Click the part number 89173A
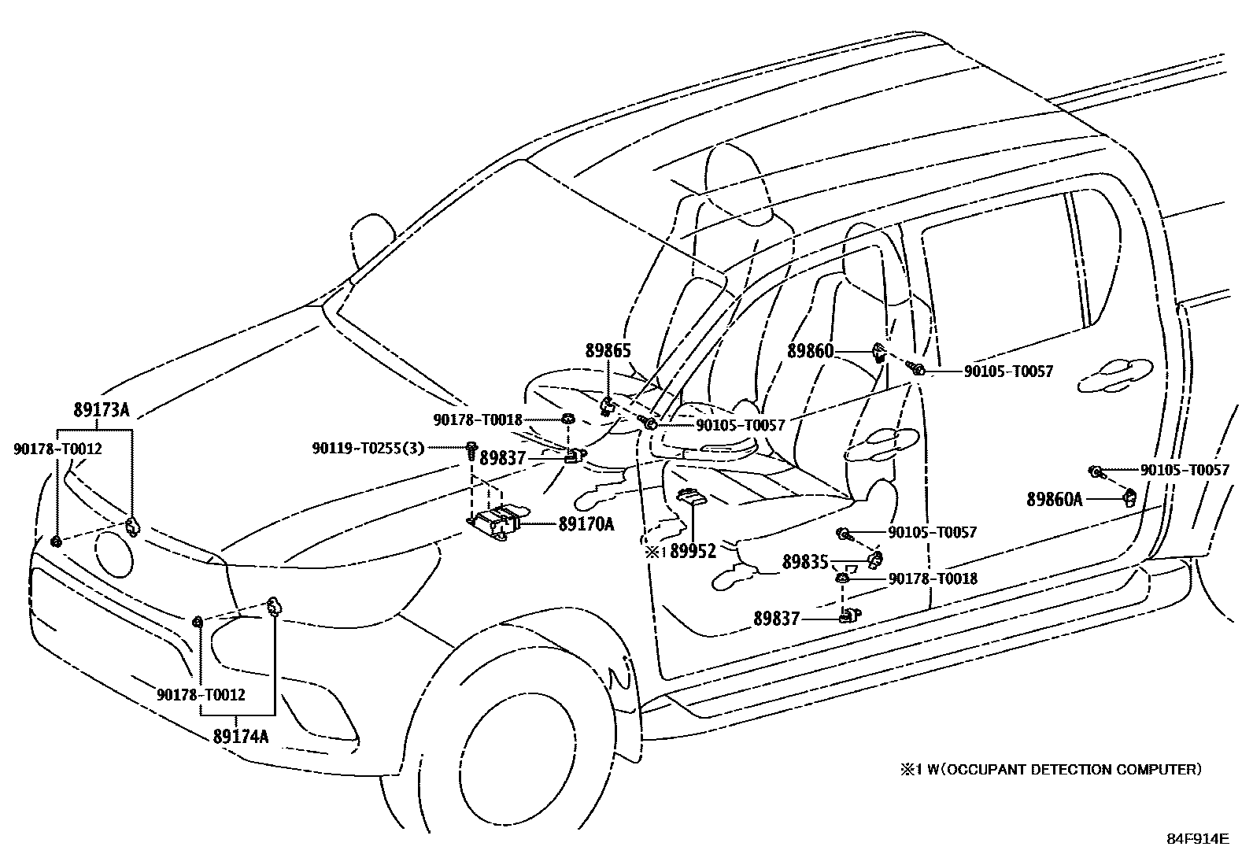click(x=102, y=410)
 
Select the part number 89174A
click(x=241, y=737)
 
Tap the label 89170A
click(x=586, y=524)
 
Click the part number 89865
click(x=608, y=351)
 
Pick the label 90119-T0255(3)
click(x=368, y=448)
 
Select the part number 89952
click(x=693, y=551)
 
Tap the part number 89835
click(x=805, y=562)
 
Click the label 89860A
click(x=1055, y=499)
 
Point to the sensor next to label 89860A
click(x=1130, y=497)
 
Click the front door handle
click(x=882, y=444)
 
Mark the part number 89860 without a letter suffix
click(x=811, y=351)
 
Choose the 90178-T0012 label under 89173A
click(x=57, y=449)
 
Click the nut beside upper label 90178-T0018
click(x=567, y=419)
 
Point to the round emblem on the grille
click(x=114, y=553)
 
